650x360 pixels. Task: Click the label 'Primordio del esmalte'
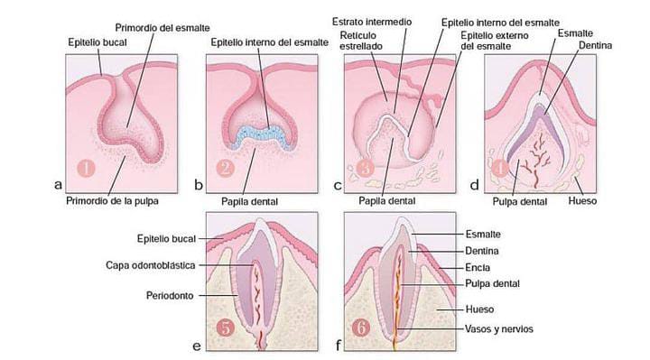coord(162,28)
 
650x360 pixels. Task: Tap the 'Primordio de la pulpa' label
coord(112,201)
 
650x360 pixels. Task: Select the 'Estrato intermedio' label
coord(372,22)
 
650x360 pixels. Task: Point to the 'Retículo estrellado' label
coord(361,41)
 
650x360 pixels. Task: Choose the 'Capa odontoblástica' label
coord(151,265)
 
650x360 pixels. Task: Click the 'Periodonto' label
coord(170,296)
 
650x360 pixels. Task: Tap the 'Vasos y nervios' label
coord(499,329)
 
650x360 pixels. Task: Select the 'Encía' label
coord(478,268)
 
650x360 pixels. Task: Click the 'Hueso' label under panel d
coord(582,201)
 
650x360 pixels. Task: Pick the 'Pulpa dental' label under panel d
coord(520,202)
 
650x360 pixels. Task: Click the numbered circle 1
coord(87,168)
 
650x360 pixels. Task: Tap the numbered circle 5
coord(226,328)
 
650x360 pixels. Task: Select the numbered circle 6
coord(361,328)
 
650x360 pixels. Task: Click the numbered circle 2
coord(226,168)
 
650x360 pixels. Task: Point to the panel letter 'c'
coord(338,185)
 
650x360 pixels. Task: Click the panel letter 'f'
coord(339,345)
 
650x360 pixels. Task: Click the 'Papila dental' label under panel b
coord(249,202)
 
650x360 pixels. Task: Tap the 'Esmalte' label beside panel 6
coord(483,235)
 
